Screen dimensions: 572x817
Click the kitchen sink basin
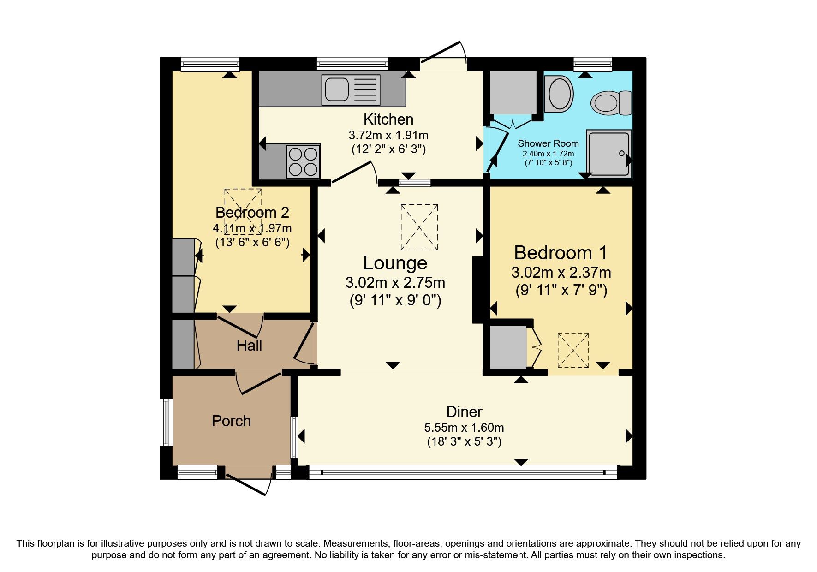(x=337, y=89)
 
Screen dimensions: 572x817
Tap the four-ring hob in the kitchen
(x=303, y=161)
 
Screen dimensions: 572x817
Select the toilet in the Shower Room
(x=611, y=102)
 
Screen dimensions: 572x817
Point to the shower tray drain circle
(x=621, y=153)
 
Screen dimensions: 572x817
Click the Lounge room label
(x=395, y=263)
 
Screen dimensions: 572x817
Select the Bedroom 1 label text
(x=561, y=253)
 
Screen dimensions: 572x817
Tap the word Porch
(x=231, y=421)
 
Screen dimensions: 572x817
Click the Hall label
(x=249, y=345)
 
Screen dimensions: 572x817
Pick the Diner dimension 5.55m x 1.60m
(x=464, y=428)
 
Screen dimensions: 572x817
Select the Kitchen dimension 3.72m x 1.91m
(x=388, y=135)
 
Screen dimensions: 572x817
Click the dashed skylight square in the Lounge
(x=419, y=227)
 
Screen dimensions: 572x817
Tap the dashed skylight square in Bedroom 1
(x=573, y=350)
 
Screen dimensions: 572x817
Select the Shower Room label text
(x=548, y=143)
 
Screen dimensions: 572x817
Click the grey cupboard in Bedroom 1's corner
(x=508, y=347)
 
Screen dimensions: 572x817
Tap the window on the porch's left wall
(x=167, y=422)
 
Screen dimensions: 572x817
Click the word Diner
(x=464, y=411)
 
